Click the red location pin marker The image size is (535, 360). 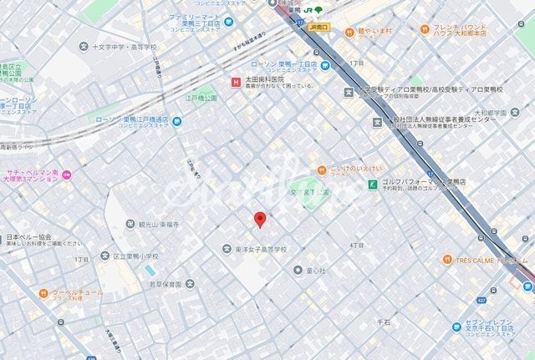[x=259, y=219]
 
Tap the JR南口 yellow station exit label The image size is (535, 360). [x=319, y=27]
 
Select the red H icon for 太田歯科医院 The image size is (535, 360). [x=236, y=80]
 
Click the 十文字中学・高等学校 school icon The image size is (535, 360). [x=84, y=48]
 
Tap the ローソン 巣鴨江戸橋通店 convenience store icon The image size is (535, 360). [x=176, y=121]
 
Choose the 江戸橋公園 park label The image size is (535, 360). [x=201, y=98]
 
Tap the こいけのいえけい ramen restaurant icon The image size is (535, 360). [x=322, y=170]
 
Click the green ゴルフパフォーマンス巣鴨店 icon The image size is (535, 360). [x=371, y=185]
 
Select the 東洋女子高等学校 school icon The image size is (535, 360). [x=227, y=248]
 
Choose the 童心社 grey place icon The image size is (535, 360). [x=298, y=270]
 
